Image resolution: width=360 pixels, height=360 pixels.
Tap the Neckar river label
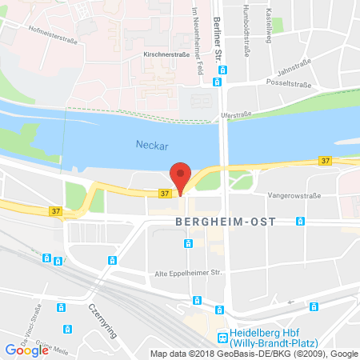tap(147, 145)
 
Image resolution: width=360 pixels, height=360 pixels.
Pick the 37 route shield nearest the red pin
tap(164, 194)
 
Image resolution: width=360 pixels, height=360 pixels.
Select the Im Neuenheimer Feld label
tap(195, 32)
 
